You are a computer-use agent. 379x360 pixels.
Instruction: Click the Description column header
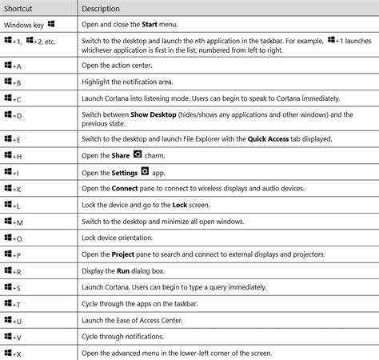point(107,8)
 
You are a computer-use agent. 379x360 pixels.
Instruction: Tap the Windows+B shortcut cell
point(13,83)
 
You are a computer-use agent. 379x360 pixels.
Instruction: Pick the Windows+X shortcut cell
point(13,353)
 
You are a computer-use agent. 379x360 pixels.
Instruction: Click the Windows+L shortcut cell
point(13,206)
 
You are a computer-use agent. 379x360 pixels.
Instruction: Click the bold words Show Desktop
point(154,114)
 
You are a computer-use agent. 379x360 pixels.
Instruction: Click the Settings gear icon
point(145,170)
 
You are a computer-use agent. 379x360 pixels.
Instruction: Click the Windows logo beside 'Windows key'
point(51,23)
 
